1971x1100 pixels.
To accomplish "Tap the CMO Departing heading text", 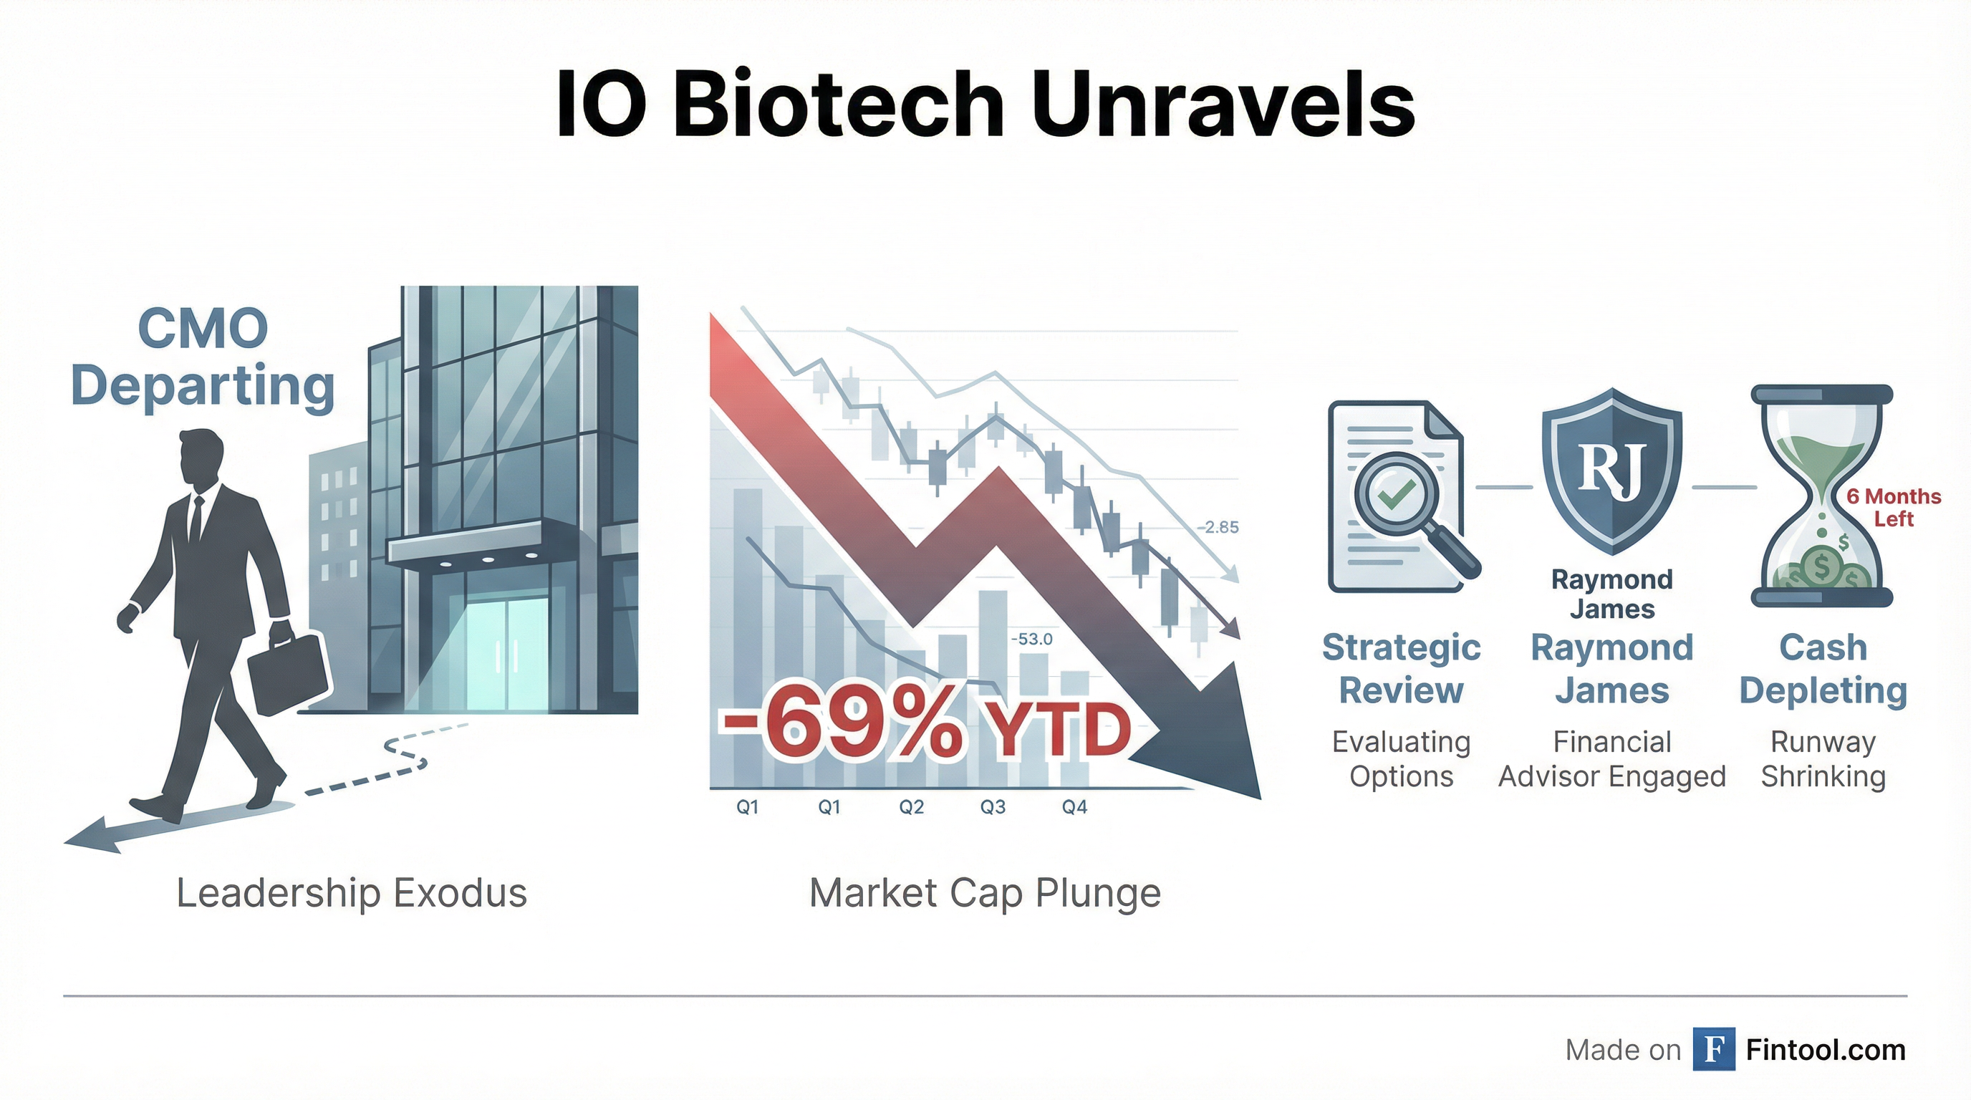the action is (203, 358).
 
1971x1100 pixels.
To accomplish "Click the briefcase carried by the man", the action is (287, 673).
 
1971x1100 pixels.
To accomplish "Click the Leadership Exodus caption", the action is (352, 893).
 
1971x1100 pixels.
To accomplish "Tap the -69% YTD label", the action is (925, 728).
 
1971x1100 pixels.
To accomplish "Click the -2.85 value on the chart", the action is (1218, 527).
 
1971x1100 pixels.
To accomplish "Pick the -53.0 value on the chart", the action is (1031, 639).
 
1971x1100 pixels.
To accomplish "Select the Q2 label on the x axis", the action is (911, 807).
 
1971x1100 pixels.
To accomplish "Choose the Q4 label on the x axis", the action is (1074, 807).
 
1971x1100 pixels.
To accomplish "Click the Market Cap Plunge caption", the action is (985, 893).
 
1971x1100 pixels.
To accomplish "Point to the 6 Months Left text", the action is (1894, 508).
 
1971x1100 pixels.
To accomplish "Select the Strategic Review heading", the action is (1401, 669).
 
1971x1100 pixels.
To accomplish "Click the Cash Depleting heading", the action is (1823, 670).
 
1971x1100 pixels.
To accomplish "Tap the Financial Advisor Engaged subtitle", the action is (1612, 759).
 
